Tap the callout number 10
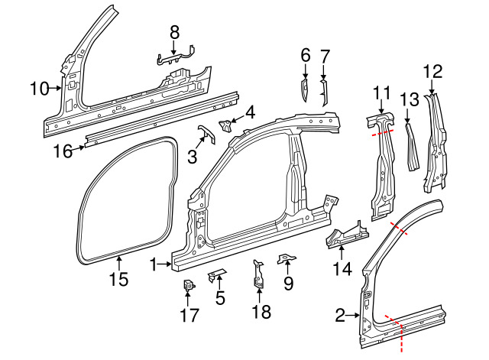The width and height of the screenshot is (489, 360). (x=39, y=89)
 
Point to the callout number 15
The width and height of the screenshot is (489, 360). (x=118, y=280)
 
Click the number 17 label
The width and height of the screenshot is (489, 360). (x=187, y=314)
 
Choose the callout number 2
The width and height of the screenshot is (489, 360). (x=341, y=314)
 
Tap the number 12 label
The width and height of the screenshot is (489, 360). (x=432, y=72)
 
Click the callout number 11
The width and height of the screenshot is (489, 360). (x=382, y=93)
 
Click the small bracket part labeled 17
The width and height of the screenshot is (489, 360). (x=187, y=287)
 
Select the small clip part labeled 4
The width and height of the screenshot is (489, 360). (x=227, y=124)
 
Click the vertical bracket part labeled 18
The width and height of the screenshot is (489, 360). (x=259, y=277)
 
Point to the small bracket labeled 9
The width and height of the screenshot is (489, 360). (x=285, y=259)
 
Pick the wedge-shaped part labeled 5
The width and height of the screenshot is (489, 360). (x=216, y=274)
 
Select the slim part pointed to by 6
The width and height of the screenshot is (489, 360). (x=303, y=92)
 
